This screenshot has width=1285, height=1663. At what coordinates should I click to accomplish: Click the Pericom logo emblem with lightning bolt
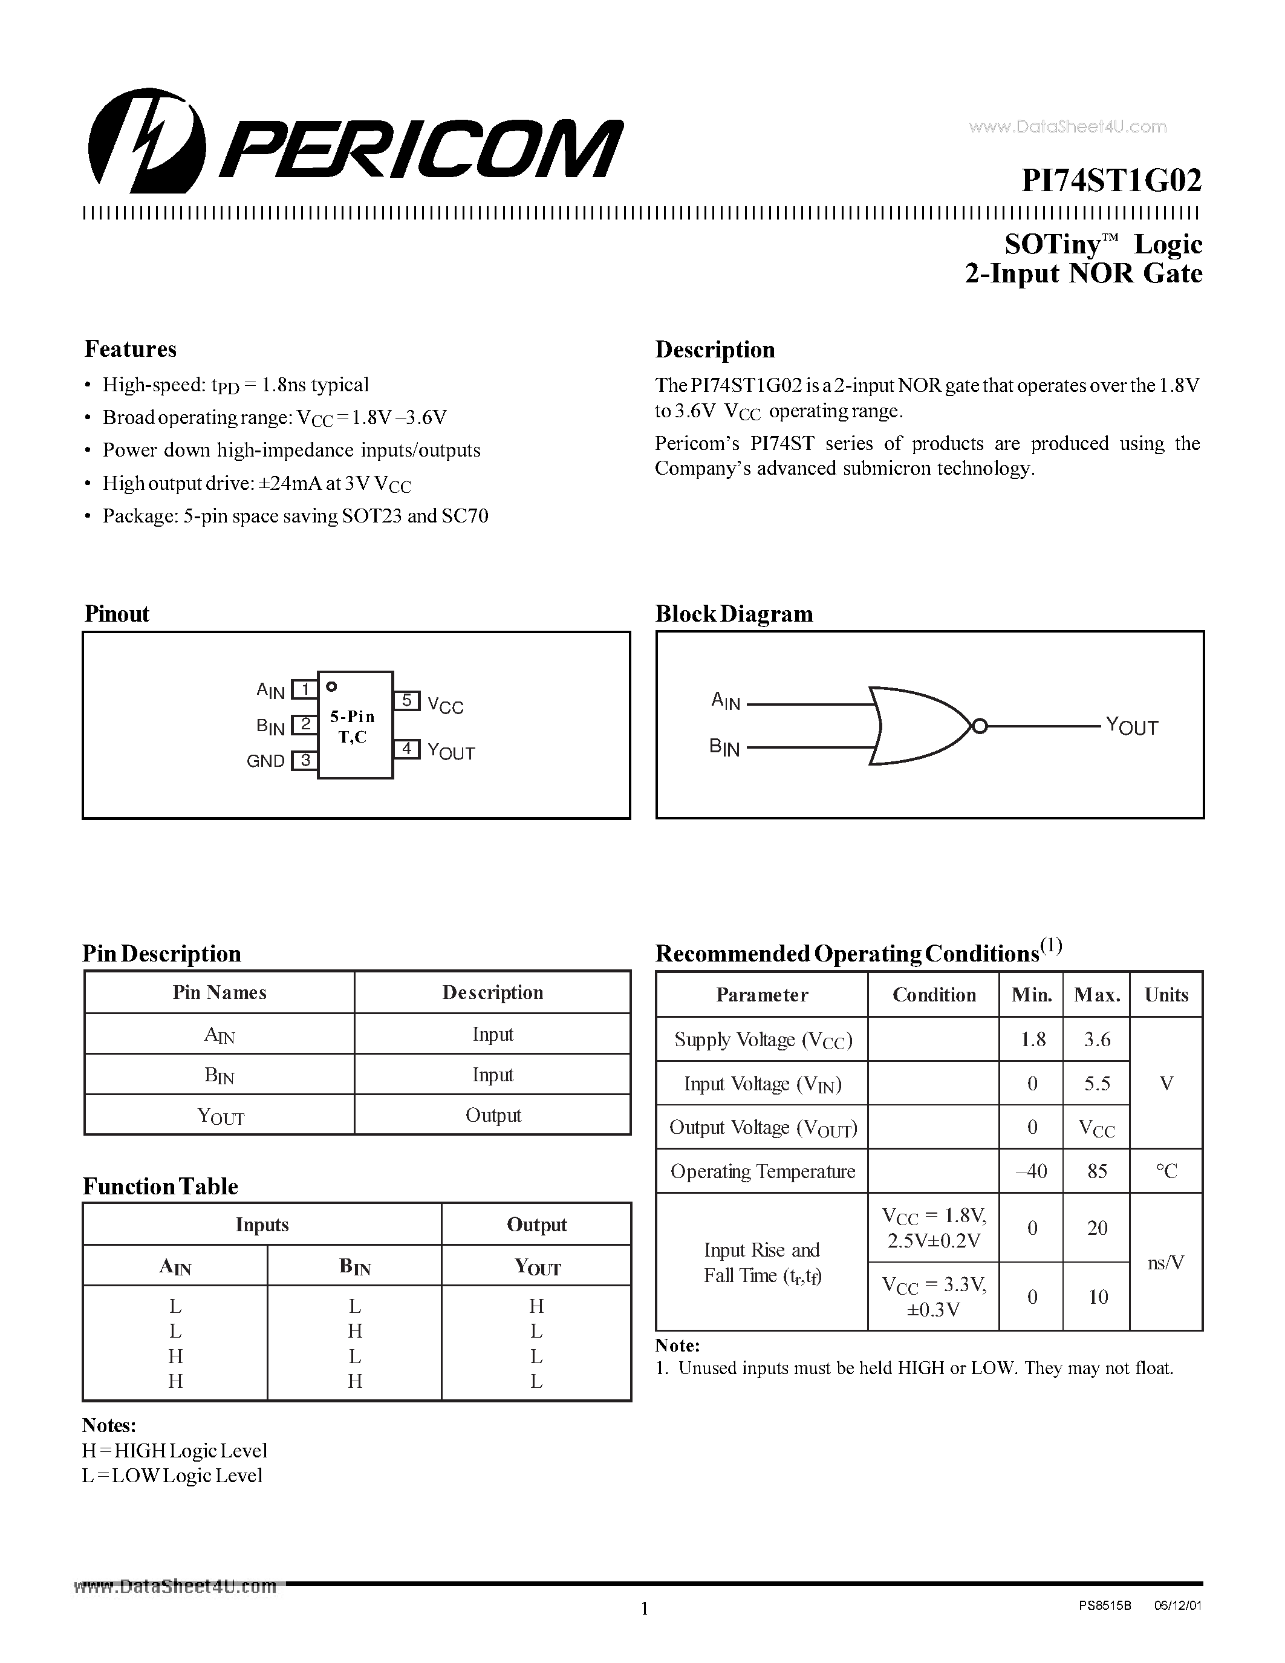point(147,141)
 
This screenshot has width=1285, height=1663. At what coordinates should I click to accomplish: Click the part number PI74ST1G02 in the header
point(1111,180)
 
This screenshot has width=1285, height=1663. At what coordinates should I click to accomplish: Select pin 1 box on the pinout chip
point(305,689)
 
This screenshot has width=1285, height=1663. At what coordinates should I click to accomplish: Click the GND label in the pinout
point(265,761)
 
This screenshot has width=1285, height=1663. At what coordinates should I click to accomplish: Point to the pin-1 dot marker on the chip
point(331,686)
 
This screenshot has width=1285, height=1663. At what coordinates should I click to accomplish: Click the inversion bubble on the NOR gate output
point(980,726)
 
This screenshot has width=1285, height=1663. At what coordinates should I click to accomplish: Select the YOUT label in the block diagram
point(1131,726)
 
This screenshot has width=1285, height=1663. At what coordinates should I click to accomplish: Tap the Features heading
point(130,349)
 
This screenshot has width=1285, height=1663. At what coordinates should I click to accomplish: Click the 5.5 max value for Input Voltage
point(1097,1083)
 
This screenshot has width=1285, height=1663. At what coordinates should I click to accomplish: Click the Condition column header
point(934,994)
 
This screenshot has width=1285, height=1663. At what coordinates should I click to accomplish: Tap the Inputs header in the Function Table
point(262,1225)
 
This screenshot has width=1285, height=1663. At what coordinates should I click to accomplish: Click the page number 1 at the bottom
point(644,1608)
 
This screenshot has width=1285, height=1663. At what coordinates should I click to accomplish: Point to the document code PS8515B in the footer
point(1105,1605)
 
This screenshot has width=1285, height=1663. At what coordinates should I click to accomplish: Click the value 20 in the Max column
point(1097,1228)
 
